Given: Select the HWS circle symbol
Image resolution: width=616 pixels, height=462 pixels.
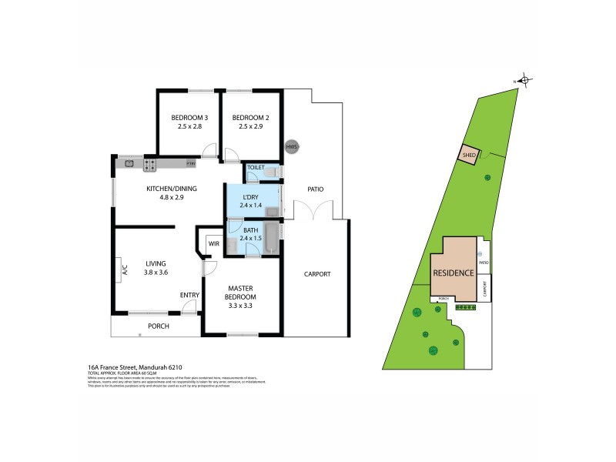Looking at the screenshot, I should coord(291,146).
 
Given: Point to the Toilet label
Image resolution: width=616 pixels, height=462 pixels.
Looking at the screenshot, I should coord(255,166).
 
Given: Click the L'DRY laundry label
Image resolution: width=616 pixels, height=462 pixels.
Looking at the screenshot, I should coord(251,198).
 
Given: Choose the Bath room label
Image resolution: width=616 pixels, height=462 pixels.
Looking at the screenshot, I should coord(251,230).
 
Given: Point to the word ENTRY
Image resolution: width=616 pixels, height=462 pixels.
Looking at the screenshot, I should coord(189,295).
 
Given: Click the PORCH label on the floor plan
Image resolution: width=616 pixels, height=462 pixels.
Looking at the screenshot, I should coord(158,326).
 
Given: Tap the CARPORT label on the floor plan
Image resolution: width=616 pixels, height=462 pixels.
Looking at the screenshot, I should coord(316,273).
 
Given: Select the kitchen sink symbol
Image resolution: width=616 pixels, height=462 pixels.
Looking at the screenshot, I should coord(129,163).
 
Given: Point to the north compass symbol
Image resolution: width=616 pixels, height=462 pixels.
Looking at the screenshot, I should coord(524,79).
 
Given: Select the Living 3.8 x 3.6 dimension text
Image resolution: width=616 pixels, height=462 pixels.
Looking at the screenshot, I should coord(156,272).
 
